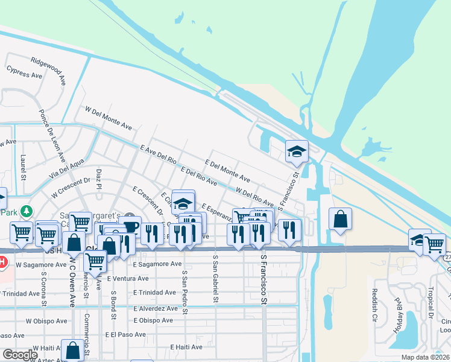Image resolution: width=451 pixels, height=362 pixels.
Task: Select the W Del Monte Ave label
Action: (109, 119)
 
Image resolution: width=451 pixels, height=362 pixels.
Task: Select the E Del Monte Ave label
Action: (228, 171)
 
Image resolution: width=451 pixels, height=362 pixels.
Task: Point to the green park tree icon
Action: (26, 211)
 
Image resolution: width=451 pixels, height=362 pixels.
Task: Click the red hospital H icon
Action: (2, 262)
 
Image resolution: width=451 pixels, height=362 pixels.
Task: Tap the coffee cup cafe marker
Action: (130, 227)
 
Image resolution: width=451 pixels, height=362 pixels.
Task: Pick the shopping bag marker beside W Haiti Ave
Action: (73, 350)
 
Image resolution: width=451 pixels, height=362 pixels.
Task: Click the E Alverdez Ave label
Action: (156, 308)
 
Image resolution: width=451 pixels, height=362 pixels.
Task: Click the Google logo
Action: (20, 355)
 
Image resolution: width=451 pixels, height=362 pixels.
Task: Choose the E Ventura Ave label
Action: (128, 279)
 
